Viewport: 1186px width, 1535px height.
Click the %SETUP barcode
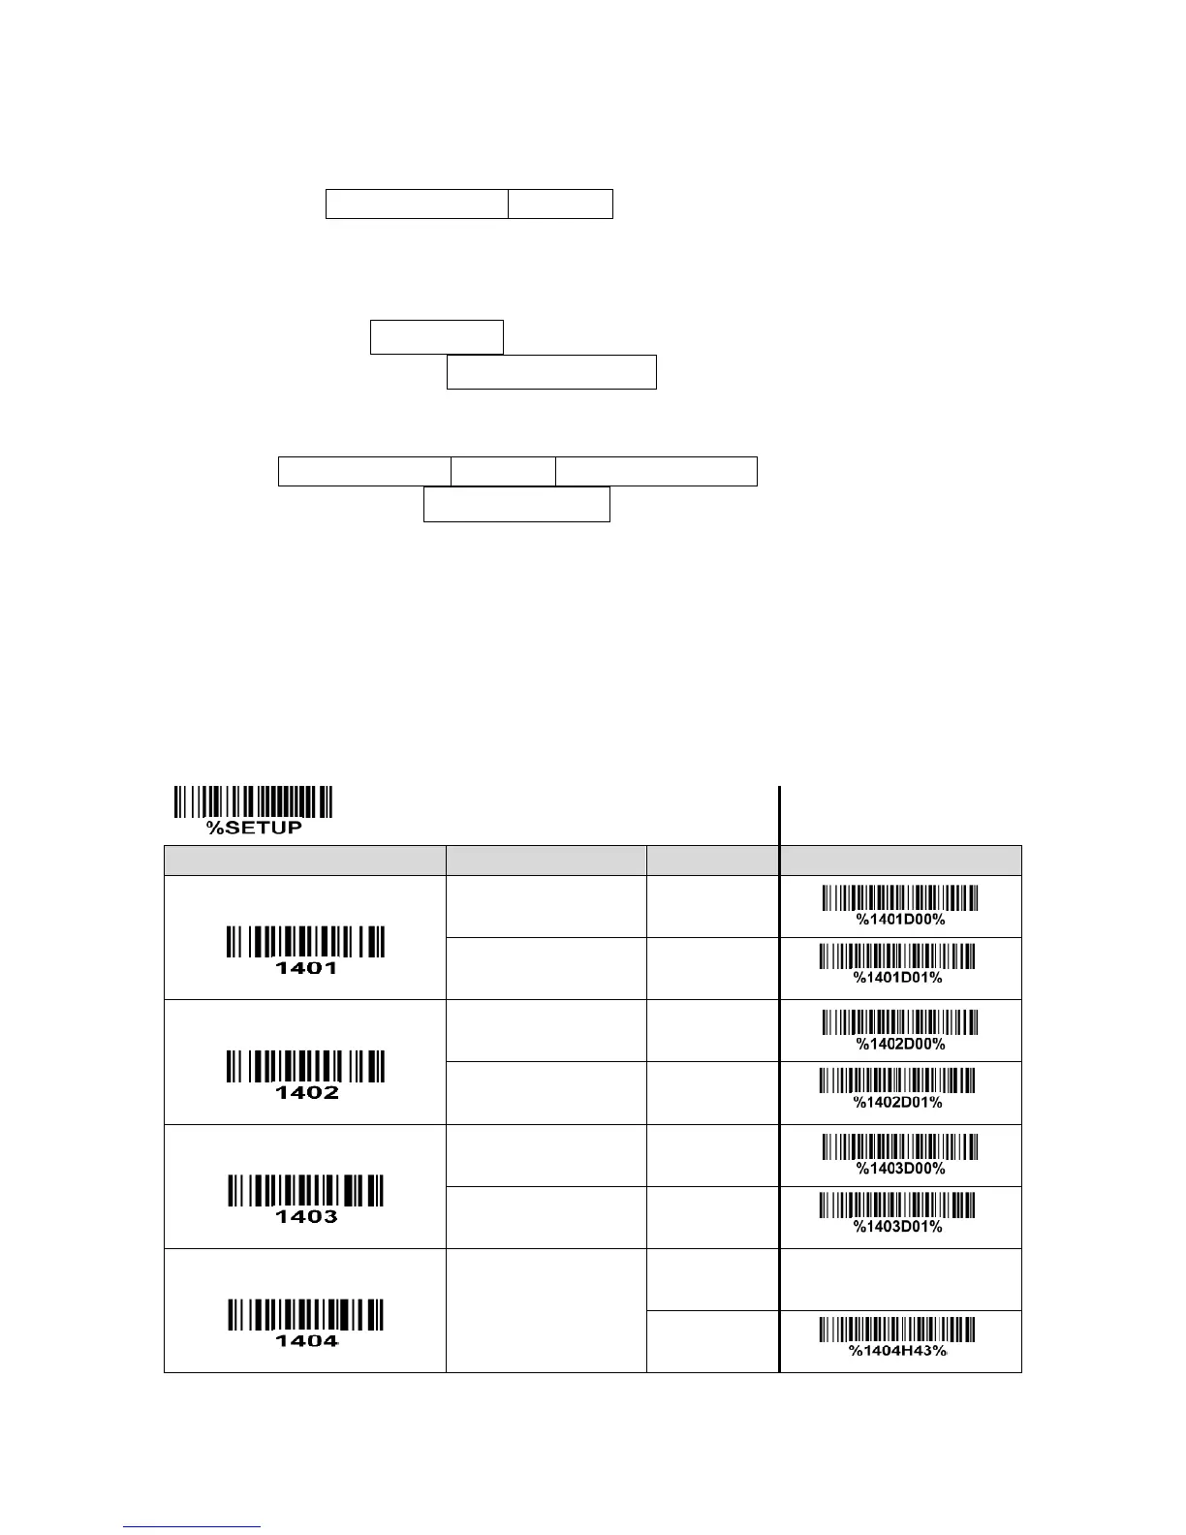254,802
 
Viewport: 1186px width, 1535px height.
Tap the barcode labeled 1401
306,943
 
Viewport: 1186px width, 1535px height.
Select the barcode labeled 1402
306,1067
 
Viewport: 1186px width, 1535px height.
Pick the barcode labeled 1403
306,1191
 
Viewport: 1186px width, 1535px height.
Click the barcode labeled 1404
306,1315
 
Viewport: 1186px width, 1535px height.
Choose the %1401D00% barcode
900,898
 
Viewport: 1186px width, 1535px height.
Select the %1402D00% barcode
900,1023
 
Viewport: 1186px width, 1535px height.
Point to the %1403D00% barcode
900,1147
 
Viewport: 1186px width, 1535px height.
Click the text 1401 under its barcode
306,968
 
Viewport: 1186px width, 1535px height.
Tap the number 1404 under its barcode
306,1341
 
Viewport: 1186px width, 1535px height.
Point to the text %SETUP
254,828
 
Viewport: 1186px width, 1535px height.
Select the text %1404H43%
897,1351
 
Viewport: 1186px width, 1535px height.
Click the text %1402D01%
897,1103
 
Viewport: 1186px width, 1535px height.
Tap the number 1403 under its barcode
306,1217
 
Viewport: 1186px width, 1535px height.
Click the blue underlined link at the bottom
193,1525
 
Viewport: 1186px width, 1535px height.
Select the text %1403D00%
900,1169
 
